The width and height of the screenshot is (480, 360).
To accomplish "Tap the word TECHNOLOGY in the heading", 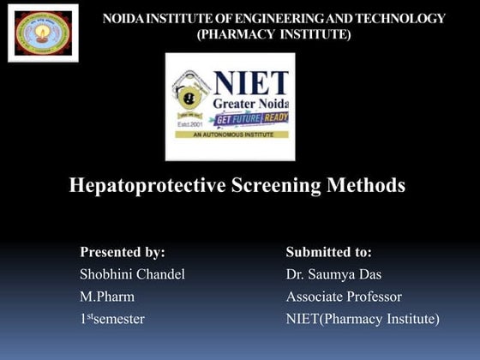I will coord(404,19).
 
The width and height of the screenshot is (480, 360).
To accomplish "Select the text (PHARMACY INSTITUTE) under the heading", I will coord(273,34).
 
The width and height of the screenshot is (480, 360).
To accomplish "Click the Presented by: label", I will coord(122,252).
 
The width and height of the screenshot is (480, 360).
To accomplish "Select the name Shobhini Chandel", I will coord(132,274).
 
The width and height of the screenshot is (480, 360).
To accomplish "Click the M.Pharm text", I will coord(107,297).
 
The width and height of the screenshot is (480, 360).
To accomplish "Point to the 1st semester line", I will coord(112,319).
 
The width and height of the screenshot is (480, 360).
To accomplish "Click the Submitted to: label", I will coord(328,252).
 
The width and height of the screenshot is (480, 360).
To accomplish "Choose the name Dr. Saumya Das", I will coord(333,274).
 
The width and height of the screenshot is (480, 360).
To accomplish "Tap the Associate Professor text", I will coord(343,297).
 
